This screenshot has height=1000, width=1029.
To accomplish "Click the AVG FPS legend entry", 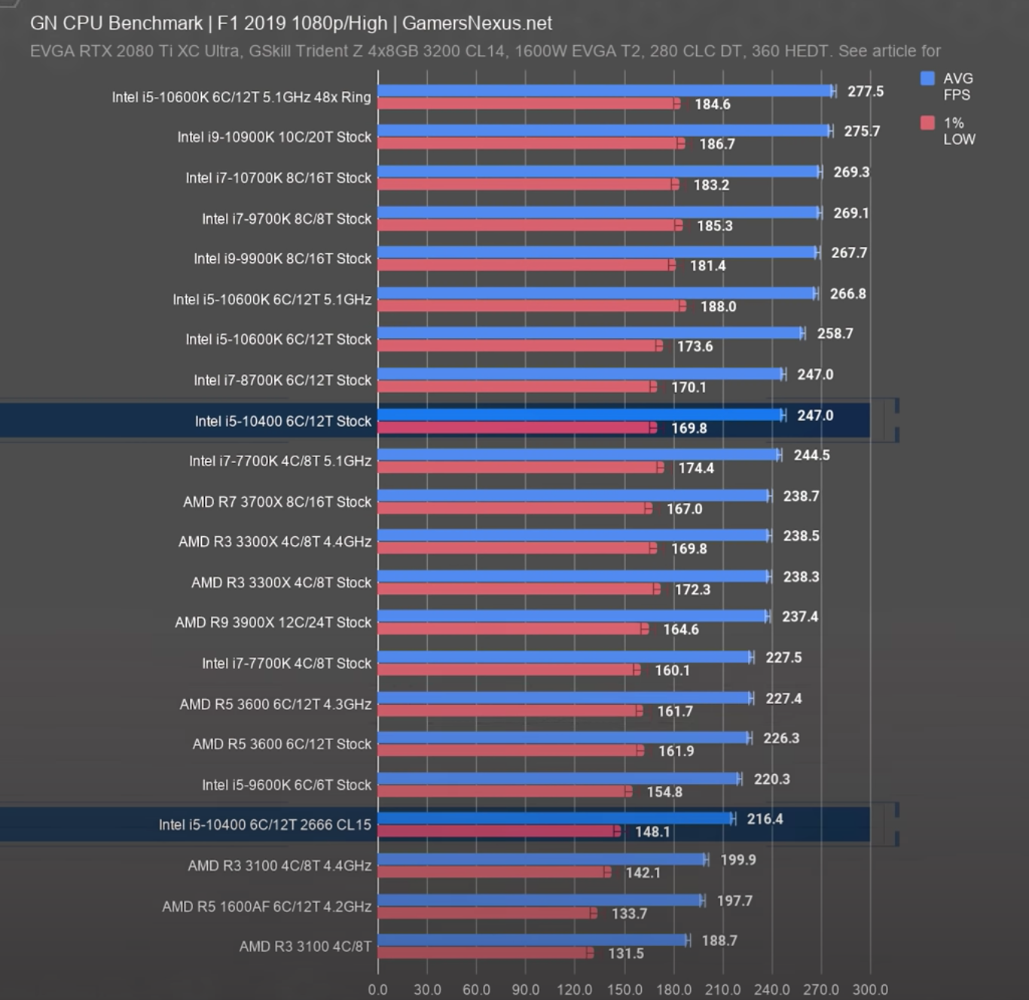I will (948, 86).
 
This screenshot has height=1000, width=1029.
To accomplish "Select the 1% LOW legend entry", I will (948, 130).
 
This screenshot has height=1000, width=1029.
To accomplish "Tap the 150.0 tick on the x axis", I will (624, 989).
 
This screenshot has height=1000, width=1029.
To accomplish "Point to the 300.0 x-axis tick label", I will (870, 989).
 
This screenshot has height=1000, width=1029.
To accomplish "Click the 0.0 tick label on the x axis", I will (377, 989).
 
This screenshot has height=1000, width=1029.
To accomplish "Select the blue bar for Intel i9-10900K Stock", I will (603, 131).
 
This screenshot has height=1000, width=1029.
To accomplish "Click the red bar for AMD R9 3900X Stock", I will (512, 629).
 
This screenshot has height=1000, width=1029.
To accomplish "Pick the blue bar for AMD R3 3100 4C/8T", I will (532, 940).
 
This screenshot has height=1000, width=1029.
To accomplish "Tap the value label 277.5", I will (866, 91).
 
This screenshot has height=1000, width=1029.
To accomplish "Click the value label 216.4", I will (765, 819).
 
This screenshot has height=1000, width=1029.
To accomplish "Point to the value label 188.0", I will (718, 306).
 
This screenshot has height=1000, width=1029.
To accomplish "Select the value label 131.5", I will (625, 953).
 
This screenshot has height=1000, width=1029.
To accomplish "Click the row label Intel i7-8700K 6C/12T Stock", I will (282, 380).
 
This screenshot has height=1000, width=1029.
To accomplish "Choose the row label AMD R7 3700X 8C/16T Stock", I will (277, 502).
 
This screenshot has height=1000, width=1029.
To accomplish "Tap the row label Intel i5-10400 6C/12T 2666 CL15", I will (264, 825).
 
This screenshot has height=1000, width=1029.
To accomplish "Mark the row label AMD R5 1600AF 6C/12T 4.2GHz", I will (267, 906).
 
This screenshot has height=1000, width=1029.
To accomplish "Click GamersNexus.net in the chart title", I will (477, 23).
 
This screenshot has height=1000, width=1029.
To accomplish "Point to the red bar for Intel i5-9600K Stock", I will (503, 791).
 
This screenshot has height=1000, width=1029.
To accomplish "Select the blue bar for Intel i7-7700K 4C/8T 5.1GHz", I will (579, 454).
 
